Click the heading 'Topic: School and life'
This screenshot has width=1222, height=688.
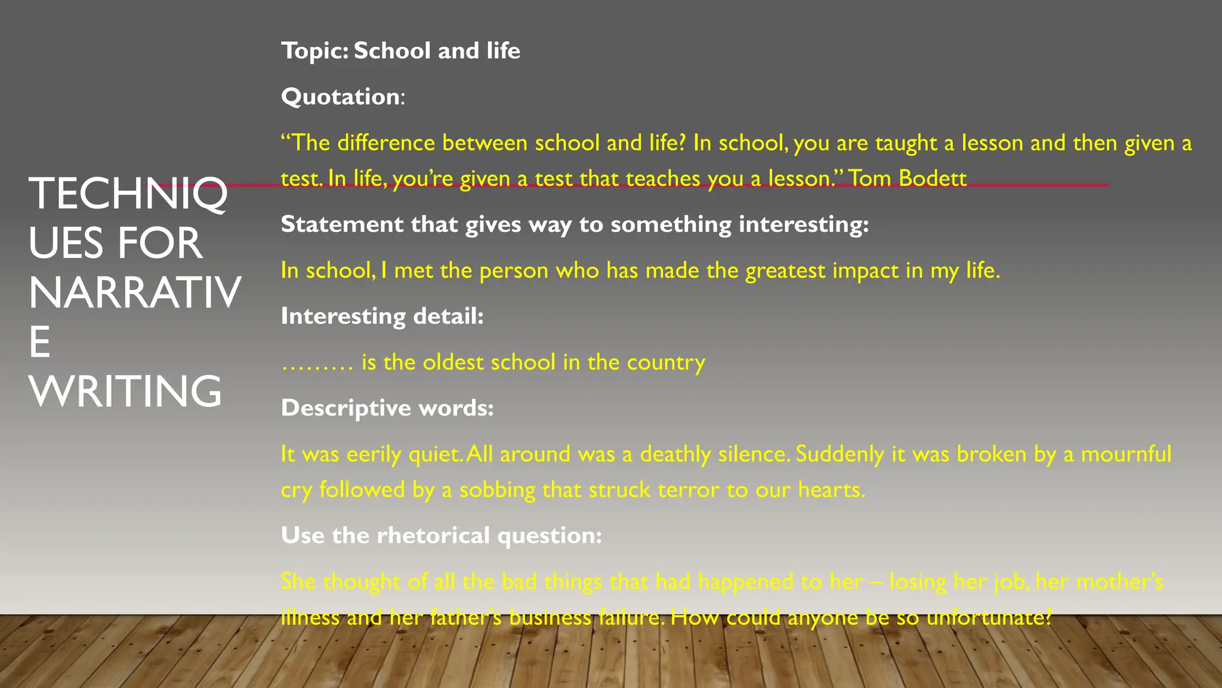coord(400,51)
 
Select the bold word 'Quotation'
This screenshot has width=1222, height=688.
coord(340,97)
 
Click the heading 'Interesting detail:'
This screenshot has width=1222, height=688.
coord(382,316)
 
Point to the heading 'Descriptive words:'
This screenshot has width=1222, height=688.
coord(387,408)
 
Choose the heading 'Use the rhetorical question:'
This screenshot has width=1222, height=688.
coord(441,535)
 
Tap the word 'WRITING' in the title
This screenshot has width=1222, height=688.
coord(125,391)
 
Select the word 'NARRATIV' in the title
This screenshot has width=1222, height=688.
coord(135,293)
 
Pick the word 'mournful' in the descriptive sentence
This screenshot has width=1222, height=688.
coord(1126,454)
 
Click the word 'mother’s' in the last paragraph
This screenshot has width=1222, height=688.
coord(1119,581)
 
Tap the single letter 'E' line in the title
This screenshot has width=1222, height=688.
coord(39,342)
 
